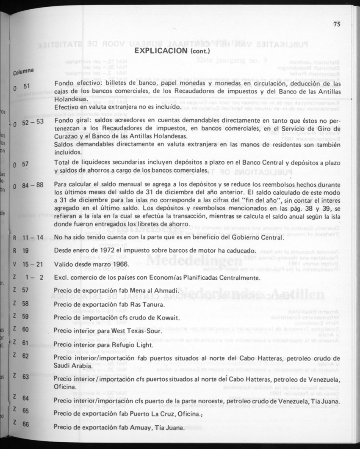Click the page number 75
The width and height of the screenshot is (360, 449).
(337, 24)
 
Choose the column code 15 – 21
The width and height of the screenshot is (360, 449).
(33, 264)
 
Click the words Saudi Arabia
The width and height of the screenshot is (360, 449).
(72, 366)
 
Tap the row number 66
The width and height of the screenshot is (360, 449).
(25, 424)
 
